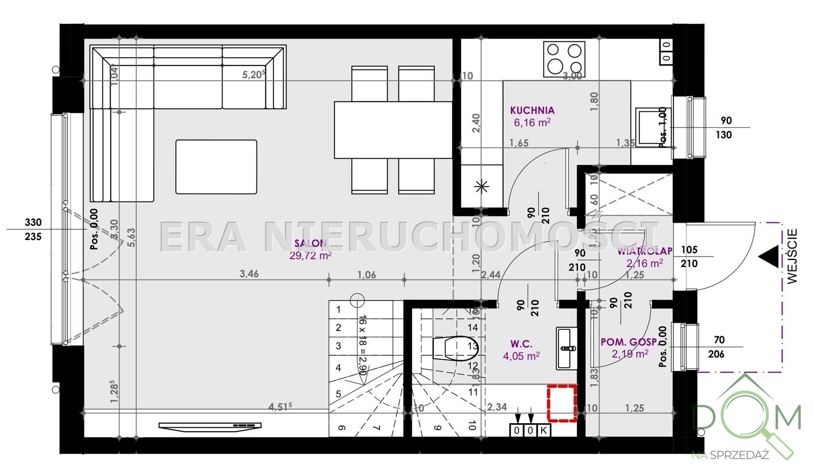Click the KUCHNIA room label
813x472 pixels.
(532, 110)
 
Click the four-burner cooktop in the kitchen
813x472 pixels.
(564, 59)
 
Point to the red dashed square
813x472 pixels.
(562, 404)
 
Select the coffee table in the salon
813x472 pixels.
(216, 167)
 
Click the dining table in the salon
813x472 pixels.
(393, 130)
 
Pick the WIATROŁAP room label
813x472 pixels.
(645, 251)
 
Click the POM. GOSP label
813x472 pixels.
(628, 342)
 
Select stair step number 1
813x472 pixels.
(338, 310)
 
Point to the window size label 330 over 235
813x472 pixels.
(33, 230)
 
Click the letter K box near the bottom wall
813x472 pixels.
(544, 430)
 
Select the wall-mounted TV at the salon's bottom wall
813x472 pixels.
(210, 426)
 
